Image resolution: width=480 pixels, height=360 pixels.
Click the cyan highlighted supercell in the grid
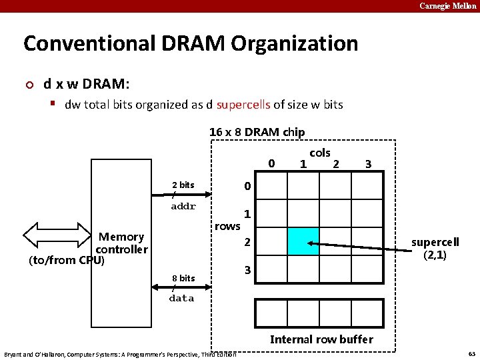tap(303, 241)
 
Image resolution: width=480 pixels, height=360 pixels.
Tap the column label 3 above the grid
tap(368, 164)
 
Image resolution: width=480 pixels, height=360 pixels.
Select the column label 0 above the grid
tap(271, 163)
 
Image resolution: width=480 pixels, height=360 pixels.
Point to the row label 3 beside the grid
tap(247, 270)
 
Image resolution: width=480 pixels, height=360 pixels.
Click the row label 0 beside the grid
tap(247, 186)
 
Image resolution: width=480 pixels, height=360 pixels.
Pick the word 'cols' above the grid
tap(320, 153)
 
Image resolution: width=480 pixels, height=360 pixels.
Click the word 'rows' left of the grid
tap(227, 226)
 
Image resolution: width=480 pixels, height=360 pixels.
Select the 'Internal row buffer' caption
tap(321, 339)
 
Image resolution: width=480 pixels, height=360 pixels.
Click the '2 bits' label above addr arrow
tap(183, 185)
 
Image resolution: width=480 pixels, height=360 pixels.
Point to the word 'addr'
tap(183, 206)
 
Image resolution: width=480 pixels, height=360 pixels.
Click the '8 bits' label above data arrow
tap(183, 278)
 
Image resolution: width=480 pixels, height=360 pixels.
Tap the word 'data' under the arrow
tap(181, 298)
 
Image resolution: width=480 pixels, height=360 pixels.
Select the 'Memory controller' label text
tap(121, 243)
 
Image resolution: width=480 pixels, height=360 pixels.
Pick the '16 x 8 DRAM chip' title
tap(257, 132)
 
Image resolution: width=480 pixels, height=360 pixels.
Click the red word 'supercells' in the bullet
tap(243, 105)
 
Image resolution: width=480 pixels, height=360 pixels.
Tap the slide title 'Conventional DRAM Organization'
tap(191, 44)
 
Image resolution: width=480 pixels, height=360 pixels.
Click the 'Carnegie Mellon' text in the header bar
tap(447, 6)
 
